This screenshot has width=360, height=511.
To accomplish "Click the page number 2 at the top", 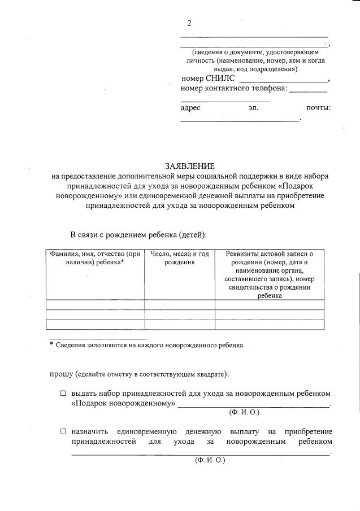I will click(190, 23).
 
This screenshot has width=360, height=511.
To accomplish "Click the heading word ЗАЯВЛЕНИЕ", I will click(190, 166).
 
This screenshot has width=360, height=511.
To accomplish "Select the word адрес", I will click(190, 107).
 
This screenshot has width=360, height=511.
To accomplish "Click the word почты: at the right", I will click(318, 107).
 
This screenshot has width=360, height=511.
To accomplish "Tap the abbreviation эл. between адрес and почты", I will click(252, 107).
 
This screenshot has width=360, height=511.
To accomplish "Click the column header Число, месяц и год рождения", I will click(179, 258).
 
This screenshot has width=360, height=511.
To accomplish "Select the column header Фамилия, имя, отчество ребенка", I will click(95, 258).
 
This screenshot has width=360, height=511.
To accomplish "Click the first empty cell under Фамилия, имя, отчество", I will click(95, 304).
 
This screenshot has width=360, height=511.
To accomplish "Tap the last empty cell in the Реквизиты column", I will click(269, 324).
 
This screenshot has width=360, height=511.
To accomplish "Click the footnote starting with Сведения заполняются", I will click(150, 345).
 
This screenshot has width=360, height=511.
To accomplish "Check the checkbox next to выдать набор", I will click(63, 393).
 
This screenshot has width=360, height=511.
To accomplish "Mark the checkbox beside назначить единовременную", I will click(63, 431).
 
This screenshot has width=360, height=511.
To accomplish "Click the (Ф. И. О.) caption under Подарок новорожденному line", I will click(244, 413).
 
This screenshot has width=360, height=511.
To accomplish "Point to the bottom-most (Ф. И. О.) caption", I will click(209, 460).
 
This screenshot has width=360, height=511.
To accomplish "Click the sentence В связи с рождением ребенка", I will click(138, 234).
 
